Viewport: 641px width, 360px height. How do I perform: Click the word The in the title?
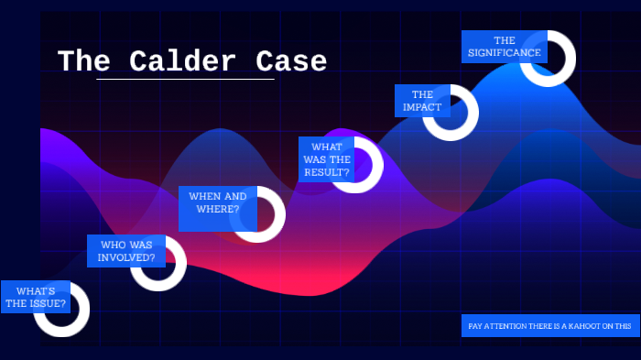click(x=83, y=61)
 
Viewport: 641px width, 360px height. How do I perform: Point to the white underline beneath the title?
click(x=185, y=80)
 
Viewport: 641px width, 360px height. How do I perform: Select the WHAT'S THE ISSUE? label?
click(x=36, y=297)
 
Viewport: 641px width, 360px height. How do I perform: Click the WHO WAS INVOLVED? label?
click(x=126, y=251)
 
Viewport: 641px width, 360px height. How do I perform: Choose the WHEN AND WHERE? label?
click(x=217, y=202)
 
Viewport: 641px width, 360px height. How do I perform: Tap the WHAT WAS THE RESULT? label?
click(x=327, y=159)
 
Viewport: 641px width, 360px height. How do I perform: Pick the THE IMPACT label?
click(x=422, y=101)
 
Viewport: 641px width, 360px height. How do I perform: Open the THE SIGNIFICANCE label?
click(x=504, y=47)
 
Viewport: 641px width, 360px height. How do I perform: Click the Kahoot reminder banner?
click(x=550, y=325)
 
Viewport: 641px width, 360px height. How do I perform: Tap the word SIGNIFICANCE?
click(x=504, y=53)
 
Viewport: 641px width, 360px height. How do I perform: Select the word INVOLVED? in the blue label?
click(x=126, y=257)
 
